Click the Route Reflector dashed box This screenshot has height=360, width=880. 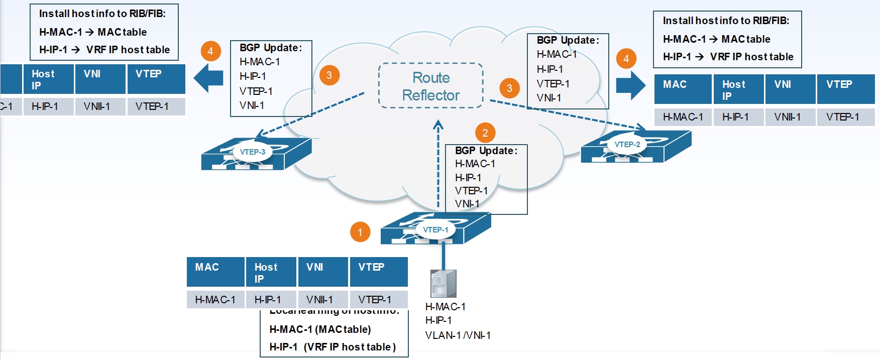430,86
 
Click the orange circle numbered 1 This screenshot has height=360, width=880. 360,232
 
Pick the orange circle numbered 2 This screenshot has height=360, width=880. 485,133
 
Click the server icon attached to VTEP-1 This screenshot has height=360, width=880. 443,284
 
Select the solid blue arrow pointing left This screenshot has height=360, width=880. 208,77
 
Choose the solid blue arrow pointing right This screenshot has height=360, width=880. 631,85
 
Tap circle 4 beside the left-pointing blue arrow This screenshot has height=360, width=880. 210,51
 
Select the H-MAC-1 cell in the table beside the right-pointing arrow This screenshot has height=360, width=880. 683,117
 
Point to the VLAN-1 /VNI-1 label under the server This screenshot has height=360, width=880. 458,335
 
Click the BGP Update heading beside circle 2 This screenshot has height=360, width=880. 486,151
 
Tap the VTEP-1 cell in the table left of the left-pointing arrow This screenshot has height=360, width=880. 156,106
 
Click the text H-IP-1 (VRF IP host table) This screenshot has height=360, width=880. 333,347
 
